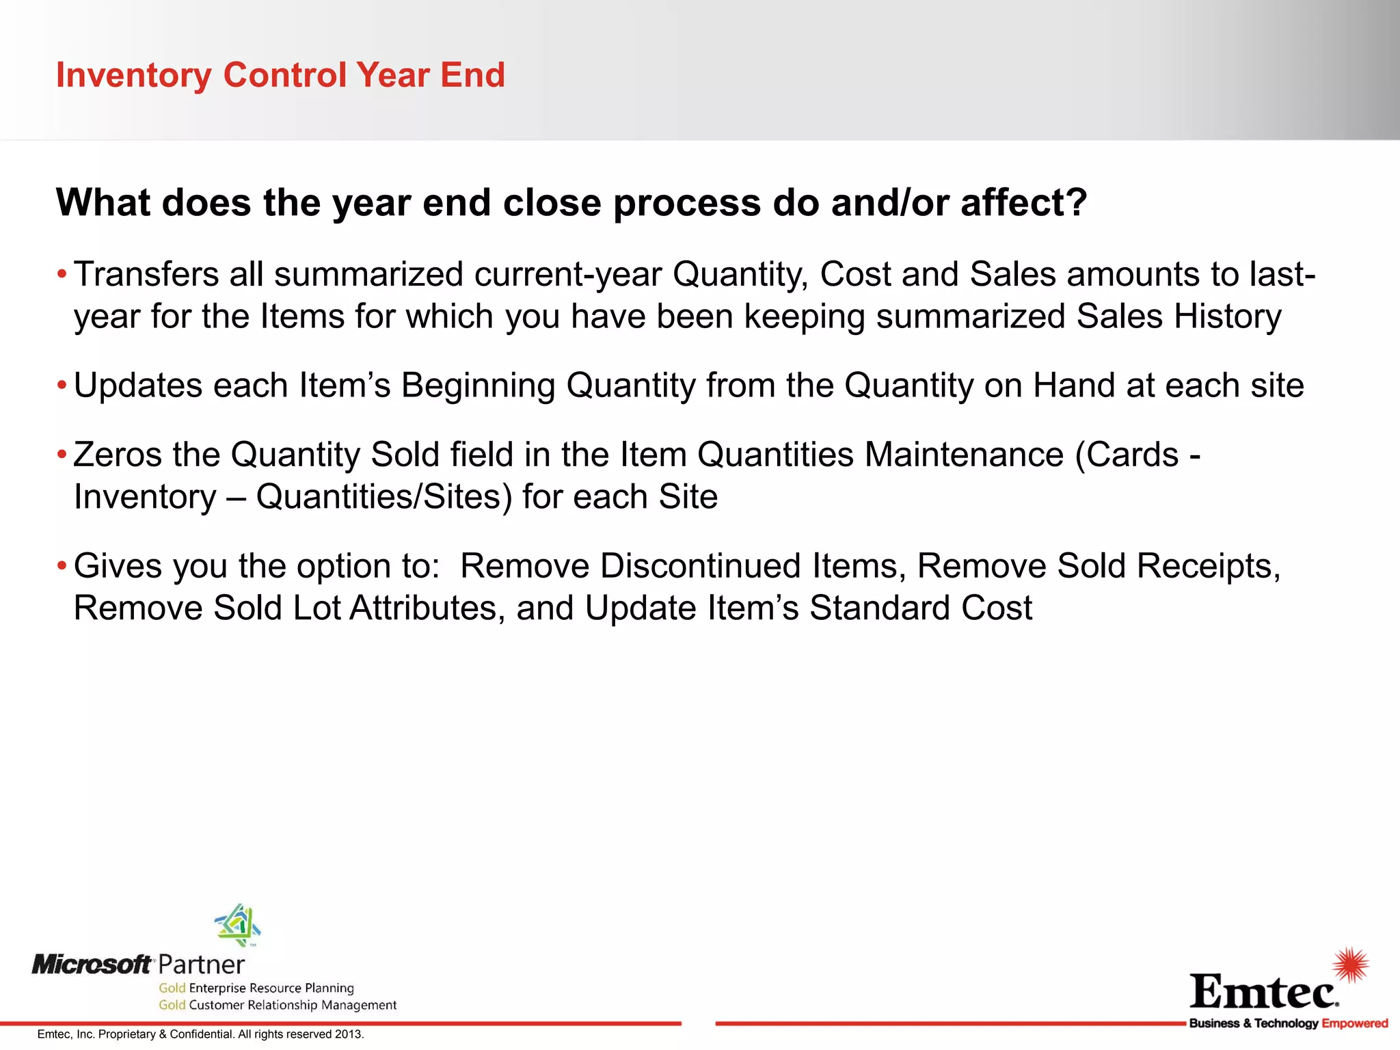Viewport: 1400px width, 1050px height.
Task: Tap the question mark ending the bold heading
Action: (1075, 202)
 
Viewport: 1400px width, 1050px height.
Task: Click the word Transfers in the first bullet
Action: (146, 274)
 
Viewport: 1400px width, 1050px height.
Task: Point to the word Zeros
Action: (117, 455)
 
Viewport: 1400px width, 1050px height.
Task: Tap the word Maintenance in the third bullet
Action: (964, 455)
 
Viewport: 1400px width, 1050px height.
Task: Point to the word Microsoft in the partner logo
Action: (92, 965)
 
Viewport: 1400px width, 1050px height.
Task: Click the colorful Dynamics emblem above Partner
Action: (237, 924)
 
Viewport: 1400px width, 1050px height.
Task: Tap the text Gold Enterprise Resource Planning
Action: (256, 988)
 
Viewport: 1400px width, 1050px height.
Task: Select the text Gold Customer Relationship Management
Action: (278, 1005)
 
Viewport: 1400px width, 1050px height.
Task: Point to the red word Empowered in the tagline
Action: (1354, 1023)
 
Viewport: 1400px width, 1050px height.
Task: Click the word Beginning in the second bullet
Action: (478, 386)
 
